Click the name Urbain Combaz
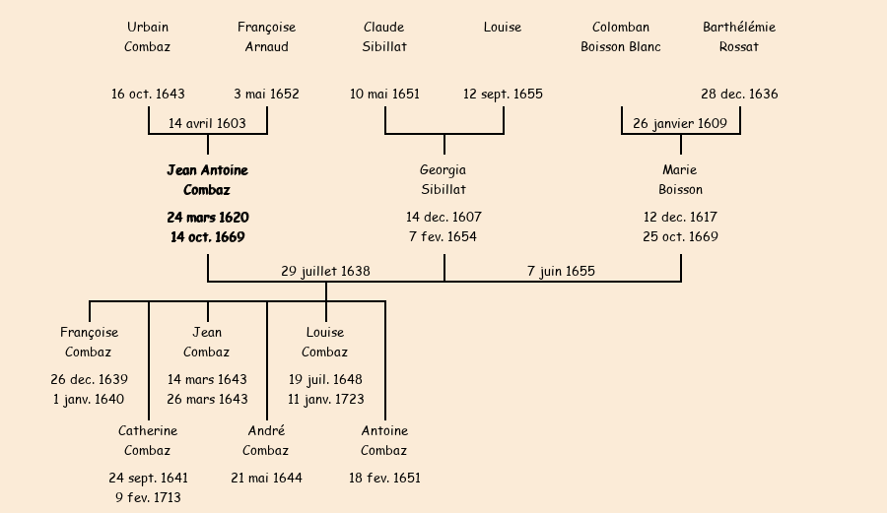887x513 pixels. tap(148, 36)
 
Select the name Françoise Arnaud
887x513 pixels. tap(266, 36)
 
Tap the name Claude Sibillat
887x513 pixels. tap(384, 36)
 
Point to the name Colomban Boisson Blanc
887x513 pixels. tap(621, 36)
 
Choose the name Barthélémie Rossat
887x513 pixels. tap(739, 36)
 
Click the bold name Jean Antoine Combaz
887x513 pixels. tap(207, 180)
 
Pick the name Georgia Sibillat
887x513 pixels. tap(443, 180)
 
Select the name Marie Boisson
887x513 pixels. tap(680, 180)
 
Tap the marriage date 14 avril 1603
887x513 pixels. tap(207, 124)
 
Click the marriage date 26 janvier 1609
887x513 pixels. tap(680, 124)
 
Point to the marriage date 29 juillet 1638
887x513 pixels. tap(325, 271)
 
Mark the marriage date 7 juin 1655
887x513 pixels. tap(561, 271)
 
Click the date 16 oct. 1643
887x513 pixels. tap(148, 95)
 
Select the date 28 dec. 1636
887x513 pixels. tap(739, 95)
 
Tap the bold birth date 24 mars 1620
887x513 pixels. tap(207, 218)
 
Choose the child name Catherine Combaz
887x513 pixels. tap(148, 440)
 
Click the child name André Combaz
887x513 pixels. tap(266, 440)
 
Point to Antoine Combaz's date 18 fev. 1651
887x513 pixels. tap(384, 479)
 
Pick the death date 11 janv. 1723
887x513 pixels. tap(325, 400)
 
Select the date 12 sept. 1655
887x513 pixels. tap(503, 95)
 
